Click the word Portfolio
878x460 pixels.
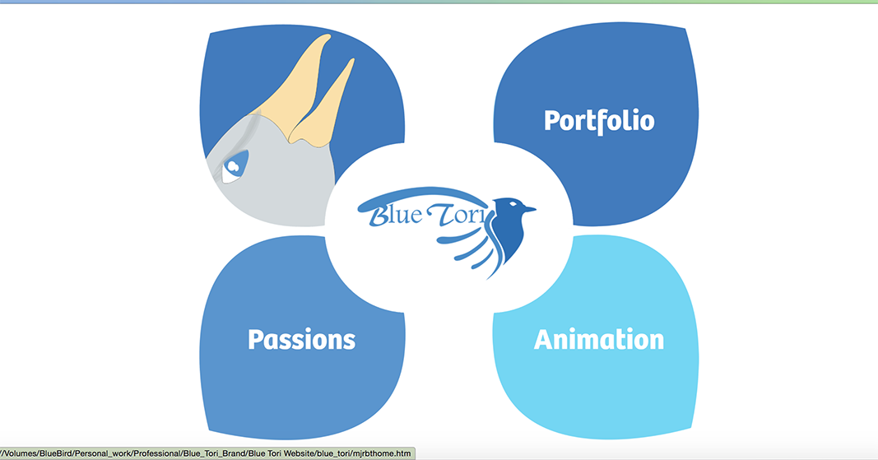[x=599, y=121]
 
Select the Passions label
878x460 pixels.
[x=302, y=339]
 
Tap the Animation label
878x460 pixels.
[x=598, y=339]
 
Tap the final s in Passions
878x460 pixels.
[x=350, y=341]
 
